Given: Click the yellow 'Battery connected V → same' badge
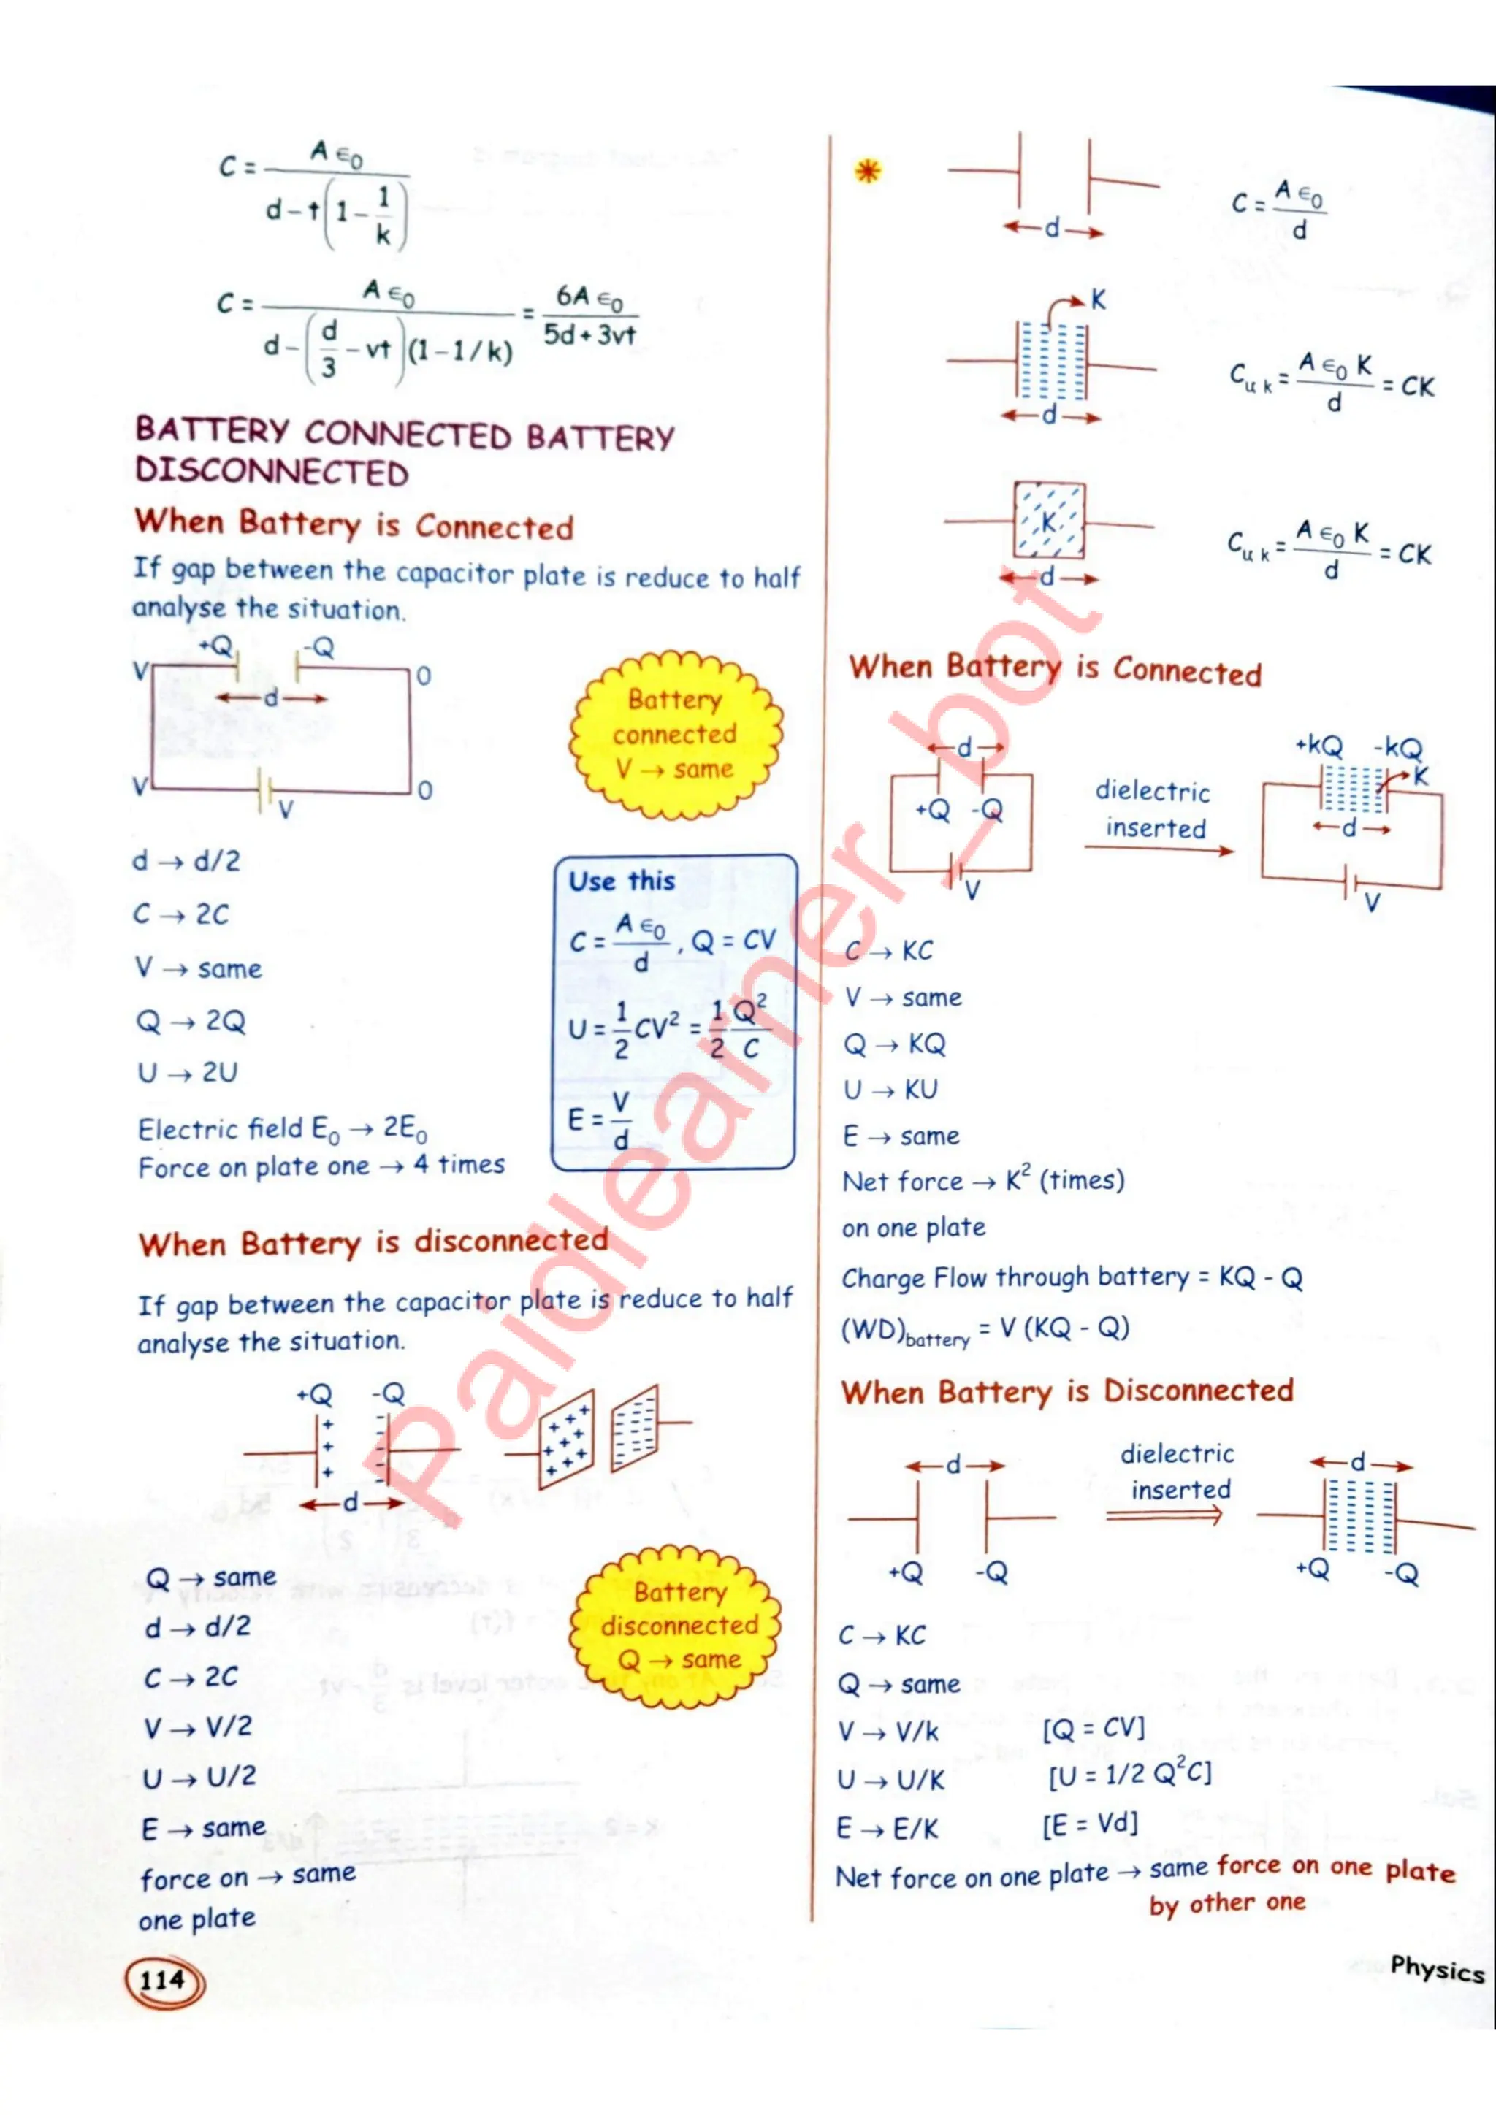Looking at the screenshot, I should (675, 734).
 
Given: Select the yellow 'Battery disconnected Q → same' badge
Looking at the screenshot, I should (679, 1625).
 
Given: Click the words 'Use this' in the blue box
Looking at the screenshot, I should (622, 881).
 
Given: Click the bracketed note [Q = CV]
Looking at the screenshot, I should (1094, 1728).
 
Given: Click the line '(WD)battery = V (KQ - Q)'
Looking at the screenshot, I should (985, 1329).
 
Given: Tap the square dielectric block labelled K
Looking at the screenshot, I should (1049, 521).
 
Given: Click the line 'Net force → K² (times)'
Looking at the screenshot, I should (983, 1181).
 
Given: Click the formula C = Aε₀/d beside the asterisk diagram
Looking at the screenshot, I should (1280, 209).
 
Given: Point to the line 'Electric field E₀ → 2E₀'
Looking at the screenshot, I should (282, 1129).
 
